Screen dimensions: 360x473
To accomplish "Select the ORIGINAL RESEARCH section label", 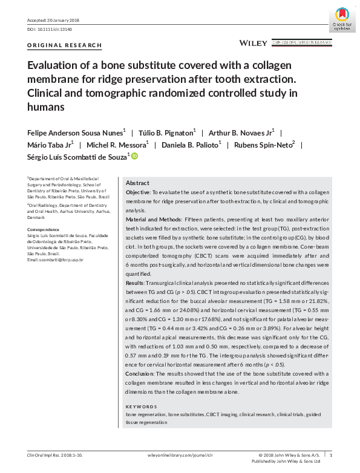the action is [65, 45].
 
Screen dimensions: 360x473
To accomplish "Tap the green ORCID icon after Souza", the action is [134, 157].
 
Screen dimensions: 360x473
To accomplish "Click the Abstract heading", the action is [137, 183].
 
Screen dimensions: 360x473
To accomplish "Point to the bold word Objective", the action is [139, 192].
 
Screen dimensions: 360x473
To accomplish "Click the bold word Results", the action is [135, 282].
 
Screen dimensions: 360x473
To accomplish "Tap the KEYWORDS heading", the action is [142, 406].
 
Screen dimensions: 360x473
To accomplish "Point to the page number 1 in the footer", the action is [330, 454].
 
